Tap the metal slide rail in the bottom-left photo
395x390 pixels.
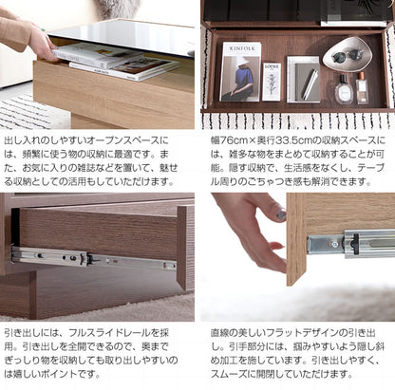(x=90, y=258)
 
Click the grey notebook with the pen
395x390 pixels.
(x=304, y=80)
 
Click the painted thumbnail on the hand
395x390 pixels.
(x=280, y=216)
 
